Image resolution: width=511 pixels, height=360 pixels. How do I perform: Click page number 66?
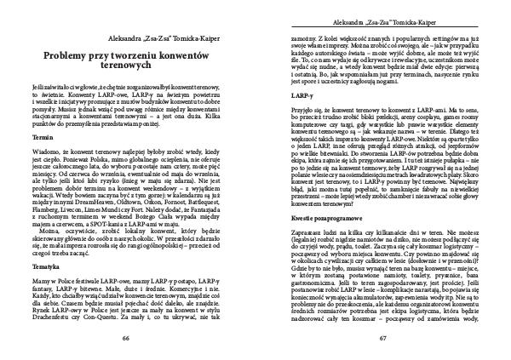click(x=137, y=337)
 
